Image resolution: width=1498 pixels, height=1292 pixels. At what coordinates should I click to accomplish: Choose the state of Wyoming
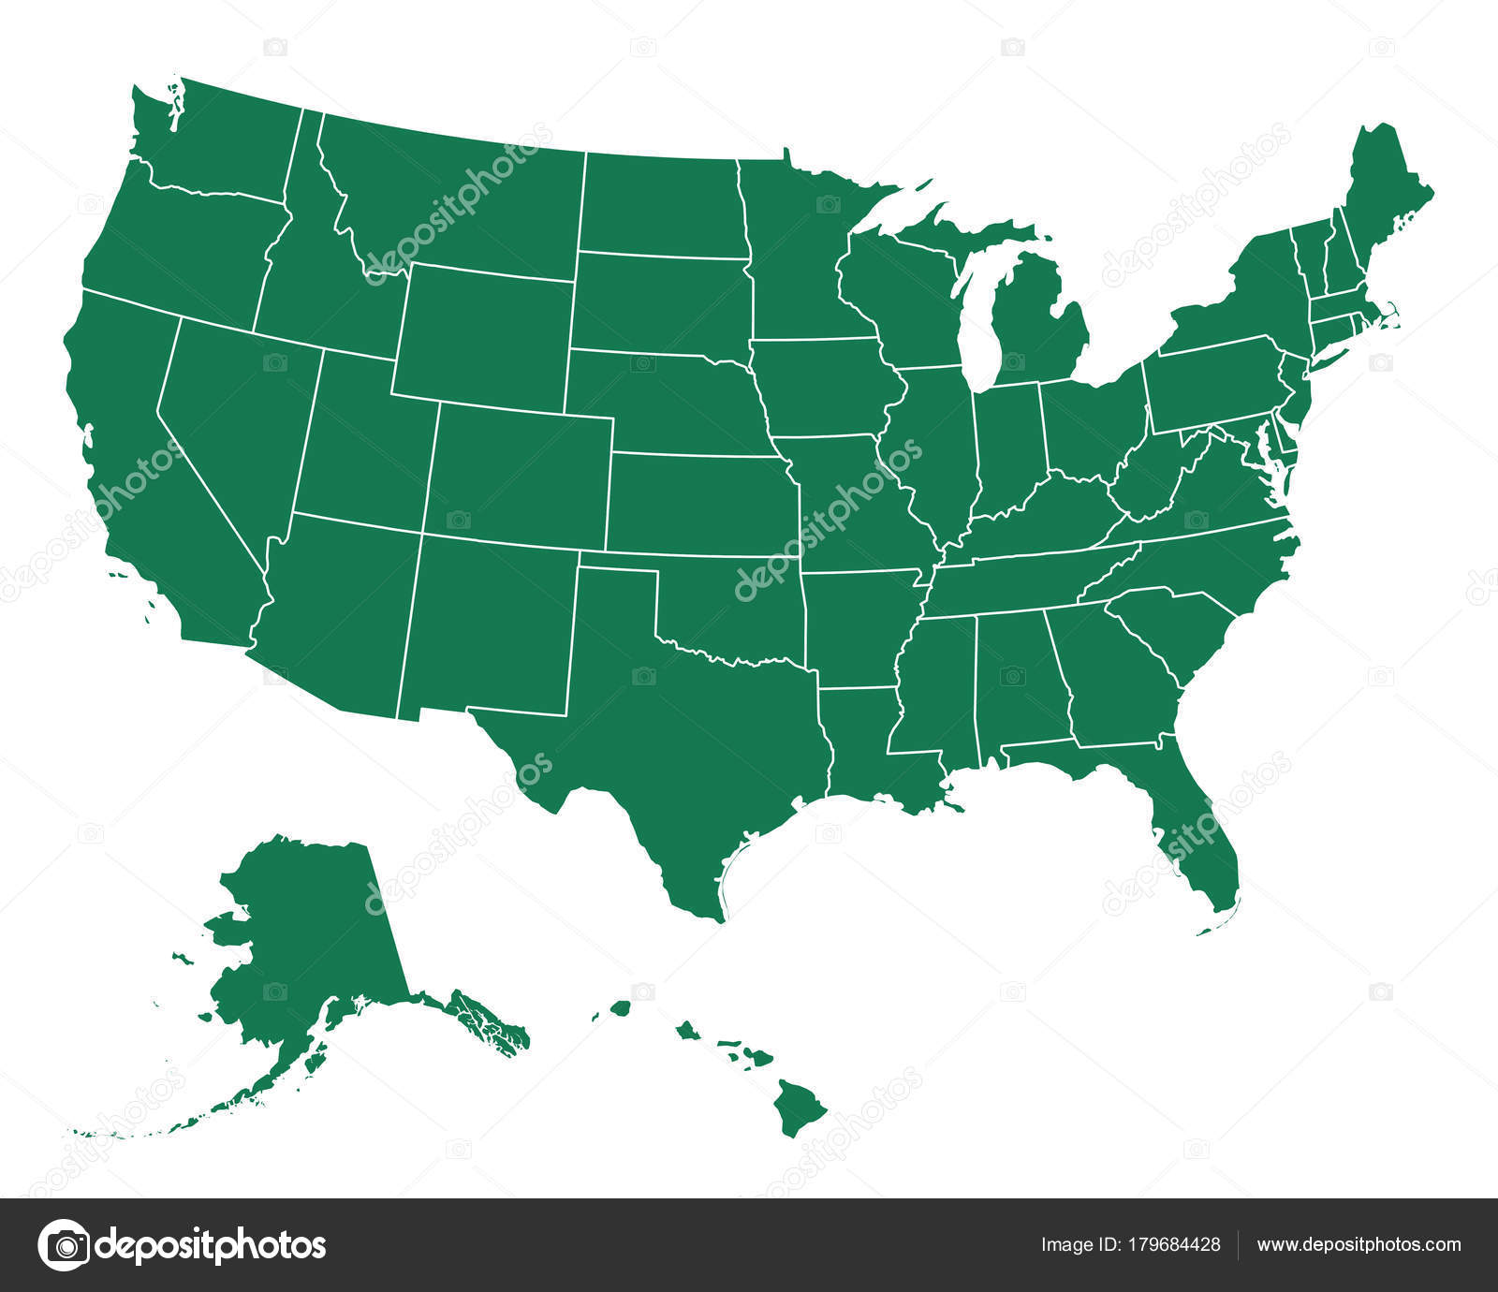point(482,337)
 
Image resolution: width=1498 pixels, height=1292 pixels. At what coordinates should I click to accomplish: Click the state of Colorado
point(520,477)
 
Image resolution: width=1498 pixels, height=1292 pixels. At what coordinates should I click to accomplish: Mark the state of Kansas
point(698,506)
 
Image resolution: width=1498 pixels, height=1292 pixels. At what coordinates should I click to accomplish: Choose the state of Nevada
point(234,421)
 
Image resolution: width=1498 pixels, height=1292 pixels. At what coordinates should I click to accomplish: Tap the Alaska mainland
point(309,936)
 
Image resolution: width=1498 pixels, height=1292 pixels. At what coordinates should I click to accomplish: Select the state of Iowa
point(819,389)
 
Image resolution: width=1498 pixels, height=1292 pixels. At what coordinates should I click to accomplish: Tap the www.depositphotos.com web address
point(1358,1244)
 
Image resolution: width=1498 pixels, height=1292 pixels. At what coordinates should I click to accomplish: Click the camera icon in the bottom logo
point(64,1244)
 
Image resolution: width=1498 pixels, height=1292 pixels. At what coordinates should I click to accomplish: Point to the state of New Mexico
point(492,627)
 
